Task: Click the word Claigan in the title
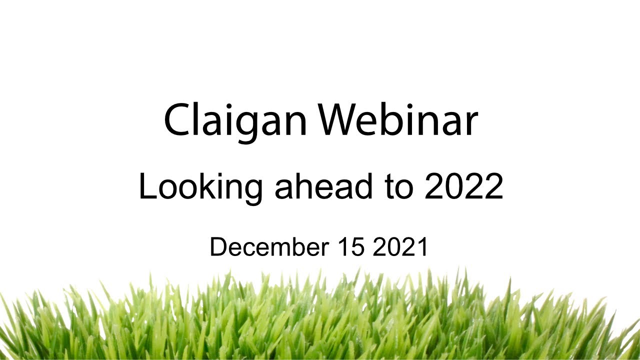pyautogui.click(x=235, y=121)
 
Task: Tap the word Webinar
pyautogui.click(x=399, y=120)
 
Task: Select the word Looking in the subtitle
pyautogui.click(x=200, y=186)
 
